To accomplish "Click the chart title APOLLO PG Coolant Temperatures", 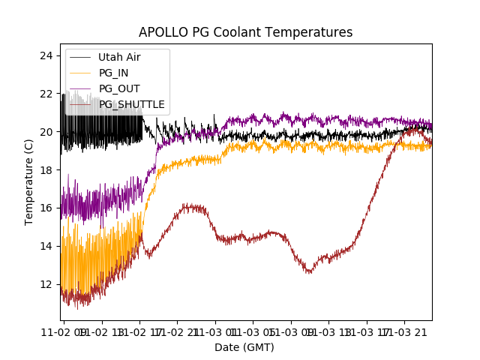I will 245,32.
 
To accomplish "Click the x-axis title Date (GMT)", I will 244,347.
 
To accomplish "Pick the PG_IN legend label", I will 115,73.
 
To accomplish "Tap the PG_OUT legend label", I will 118,88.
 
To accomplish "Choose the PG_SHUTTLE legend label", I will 131,104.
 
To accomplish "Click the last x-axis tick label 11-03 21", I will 405,331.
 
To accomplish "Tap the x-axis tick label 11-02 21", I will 178,331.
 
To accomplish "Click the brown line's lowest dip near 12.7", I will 308,271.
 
